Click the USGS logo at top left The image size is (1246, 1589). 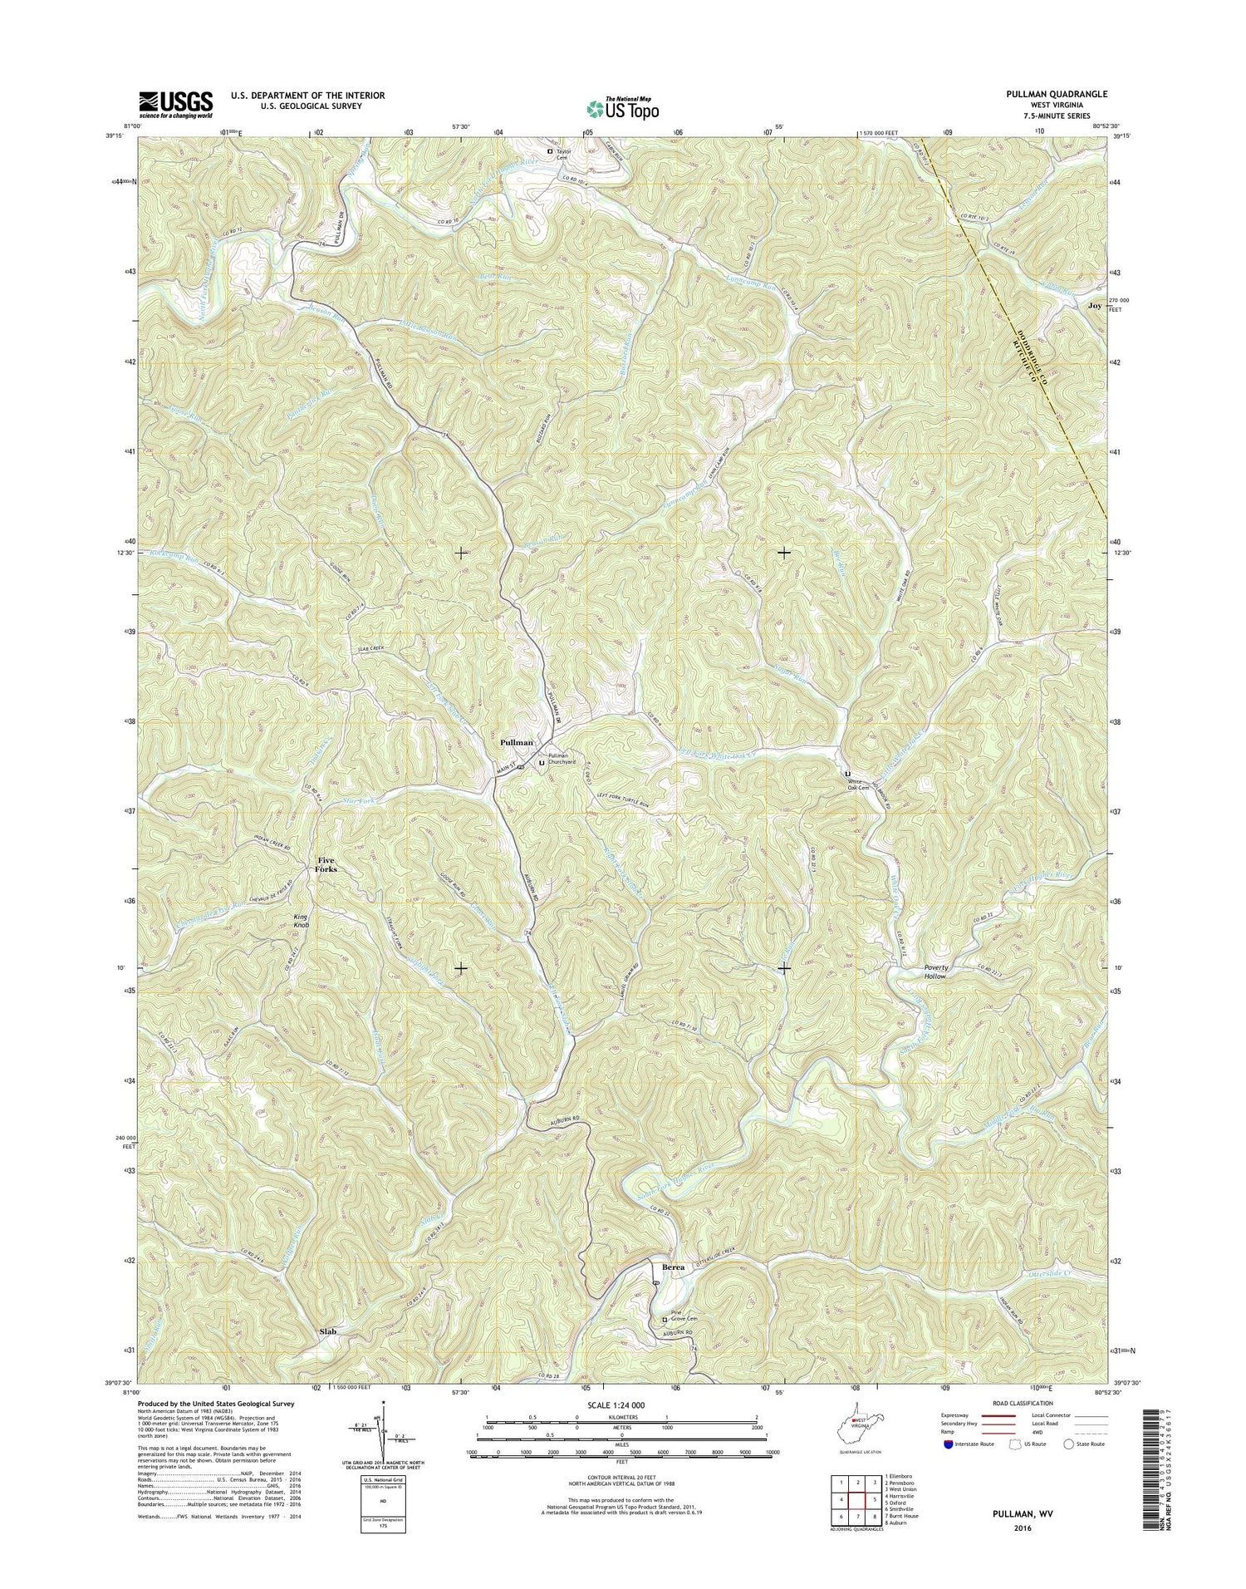pos(175,101)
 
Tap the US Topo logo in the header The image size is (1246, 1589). pos(623,108)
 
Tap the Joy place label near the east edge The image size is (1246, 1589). pos(1095,305)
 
